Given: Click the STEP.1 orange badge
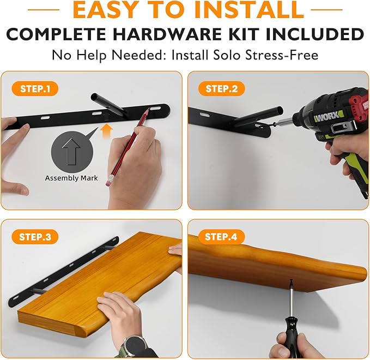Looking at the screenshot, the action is pyautogui.click(x=35, y=88).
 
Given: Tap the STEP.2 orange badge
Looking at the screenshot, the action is pyautogui.click(x=221, y=88).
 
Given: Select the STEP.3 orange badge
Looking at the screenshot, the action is pyautogui.click(x=35, y=237).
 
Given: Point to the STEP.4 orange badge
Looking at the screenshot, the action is pyautogui.click(x=221, y=237).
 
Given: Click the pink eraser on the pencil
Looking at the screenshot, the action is pyautogui.click(x=108, y=181).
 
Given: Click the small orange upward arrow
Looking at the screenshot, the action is pyautogui.click(x=106, y=131).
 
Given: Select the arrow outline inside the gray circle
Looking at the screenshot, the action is pyautogui.click(x=71, y=152).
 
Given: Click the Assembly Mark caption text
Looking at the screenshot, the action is pyautogui.click(x=71, y=178).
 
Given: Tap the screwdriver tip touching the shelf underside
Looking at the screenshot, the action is pyautogui.click(x=291, y=280).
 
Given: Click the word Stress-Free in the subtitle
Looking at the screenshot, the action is pyautogui.click(x=282, y=55).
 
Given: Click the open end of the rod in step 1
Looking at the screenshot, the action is pyautogui.click(x=95, y=97).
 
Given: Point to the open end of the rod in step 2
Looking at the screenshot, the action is pyautogui.click(x=280, y=110).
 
